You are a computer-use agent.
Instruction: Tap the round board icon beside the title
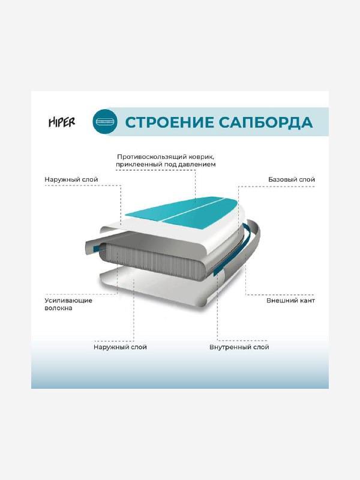(x=105, y=122)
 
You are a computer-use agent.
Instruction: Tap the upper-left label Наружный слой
(x=71, y=179)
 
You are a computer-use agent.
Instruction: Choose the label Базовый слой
(x=291, y=179)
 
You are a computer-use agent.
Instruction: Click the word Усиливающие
(x=68, y=300)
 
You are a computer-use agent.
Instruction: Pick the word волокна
(x=59, y=308)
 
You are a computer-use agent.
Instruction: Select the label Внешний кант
(x=291, y=300)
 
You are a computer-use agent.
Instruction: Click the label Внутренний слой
(x=239, y=347)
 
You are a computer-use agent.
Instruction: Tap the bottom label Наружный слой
(x=120, y=347)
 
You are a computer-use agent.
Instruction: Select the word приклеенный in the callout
(x=140, y=164)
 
